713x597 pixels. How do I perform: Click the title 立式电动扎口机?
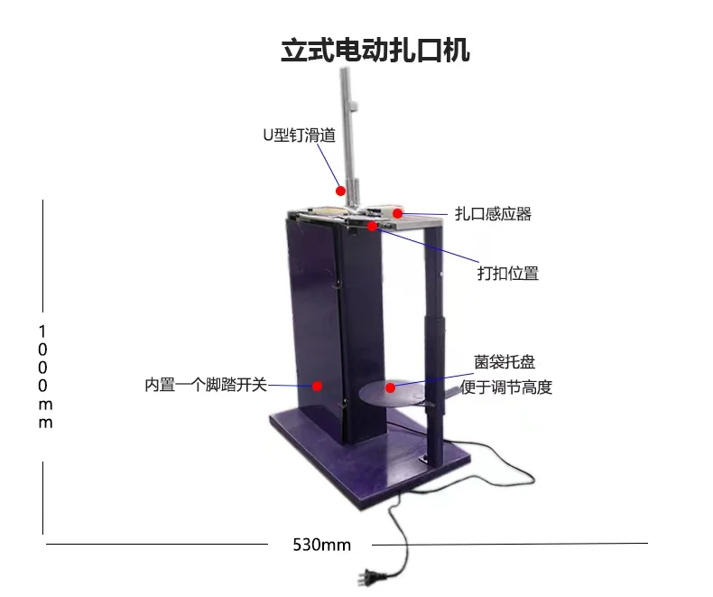375,50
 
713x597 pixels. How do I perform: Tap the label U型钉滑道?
298,136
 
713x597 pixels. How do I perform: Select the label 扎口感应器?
493,214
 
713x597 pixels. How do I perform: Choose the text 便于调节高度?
505,387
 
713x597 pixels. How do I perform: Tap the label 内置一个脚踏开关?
206,384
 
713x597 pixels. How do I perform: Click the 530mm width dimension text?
321,545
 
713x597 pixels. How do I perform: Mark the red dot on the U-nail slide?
340,191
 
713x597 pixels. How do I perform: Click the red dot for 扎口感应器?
396,213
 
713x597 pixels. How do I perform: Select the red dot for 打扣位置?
371,225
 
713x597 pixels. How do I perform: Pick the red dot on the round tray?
390,387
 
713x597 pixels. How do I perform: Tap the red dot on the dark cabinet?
318,386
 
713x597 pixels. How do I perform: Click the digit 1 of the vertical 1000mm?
43,331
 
